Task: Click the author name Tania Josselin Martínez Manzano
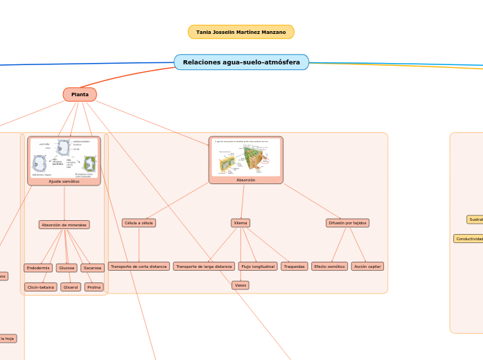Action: point(241,32)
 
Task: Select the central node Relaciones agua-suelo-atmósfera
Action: point(241,62)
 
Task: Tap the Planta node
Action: point(80,94)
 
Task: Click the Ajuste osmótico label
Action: point(64,181)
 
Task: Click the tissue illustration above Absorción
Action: point(246,156)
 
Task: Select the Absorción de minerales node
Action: point(64,225)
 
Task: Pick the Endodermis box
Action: point(38,268)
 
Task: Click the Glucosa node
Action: point(67,268)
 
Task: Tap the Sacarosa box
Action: point(92,268)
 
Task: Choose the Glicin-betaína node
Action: point(41,287)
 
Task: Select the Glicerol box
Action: point(70,287)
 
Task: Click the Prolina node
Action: point(94,287)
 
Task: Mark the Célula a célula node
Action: point(139,223)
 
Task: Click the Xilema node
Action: point(240,223)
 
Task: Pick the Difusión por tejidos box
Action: point(347,223)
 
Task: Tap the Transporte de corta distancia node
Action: point(139,267)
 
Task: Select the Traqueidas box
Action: point(295,267)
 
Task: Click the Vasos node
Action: point(240,285)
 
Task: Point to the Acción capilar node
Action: point(367,267)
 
